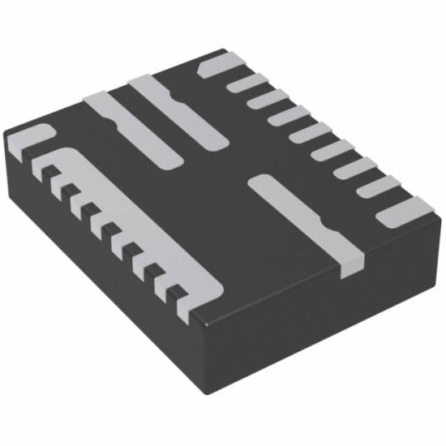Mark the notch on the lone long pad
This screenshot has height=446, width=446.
(319, 221)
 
